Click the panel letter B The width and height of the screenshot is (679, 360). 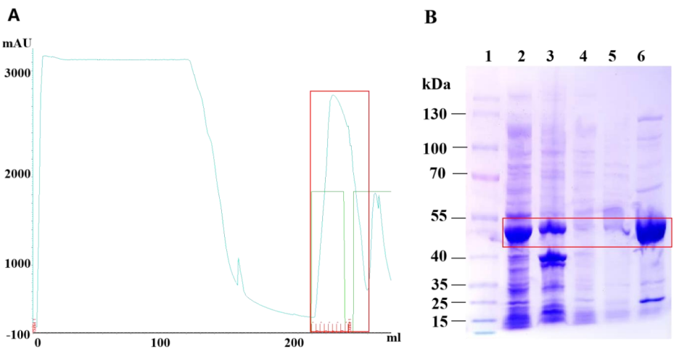point(430,16)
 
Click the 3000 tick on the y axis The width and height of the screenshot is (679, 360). point(18,73)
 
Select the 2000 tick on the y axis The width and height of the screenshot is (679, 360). point(18,175)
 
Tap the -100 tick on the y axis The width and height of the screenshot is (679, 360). point(17,335)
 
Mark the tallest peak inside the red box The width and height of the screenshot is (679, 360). point(333,96)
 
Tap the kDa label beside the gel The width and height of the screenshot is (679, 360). point(436,84)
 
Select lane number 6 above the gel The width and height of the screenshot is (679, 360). point(641,57)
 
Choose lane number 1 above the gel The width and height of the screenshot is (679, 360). point(487,57)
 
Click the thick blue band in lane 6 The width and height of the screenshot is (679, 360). point(650,231)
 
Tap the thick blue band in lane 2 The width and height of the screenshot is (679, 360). point(518,232)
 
